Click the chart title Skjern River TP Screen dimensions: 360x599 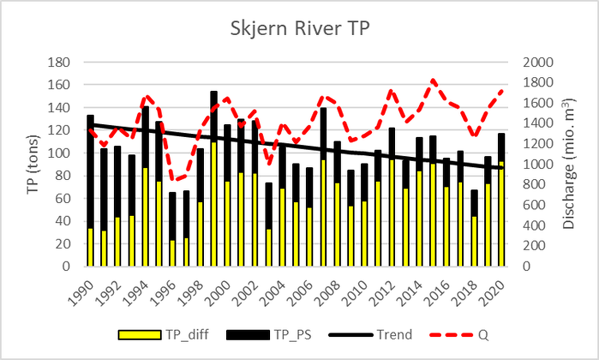tap(299, 29)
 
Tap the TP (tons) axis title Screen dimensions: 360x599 tap(34, 164)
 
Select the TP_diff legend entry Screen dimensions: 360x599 tap(164, 335)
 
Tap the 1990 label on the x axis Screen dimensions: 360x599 tap(83, 290)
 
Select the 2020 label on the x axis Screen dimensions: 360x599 tap(495, 290)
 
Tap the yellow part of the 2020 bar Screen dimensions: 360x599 tap(502, 215)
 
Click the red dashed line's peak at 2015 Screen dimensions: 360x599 tap(433, 80)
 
